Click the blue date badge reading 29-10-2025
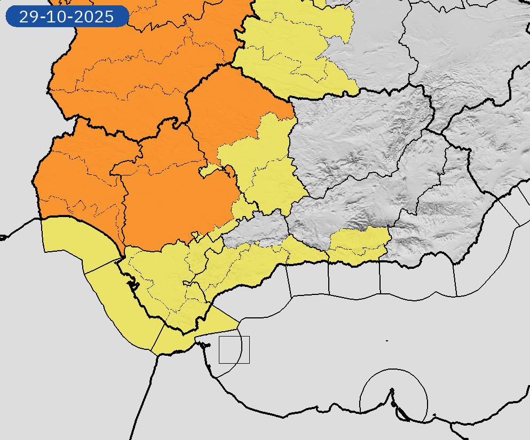[67, 17]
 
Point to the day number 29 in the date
[27, 17]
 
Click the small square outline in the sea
[234, 350]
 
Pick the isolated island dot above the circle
[386, 340]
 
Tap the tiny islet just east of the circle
[434, 415]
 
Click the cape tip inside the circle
[392, 390]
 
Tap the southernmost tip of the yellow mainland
[184, 333]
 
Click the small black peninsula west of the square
[203, 344]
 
